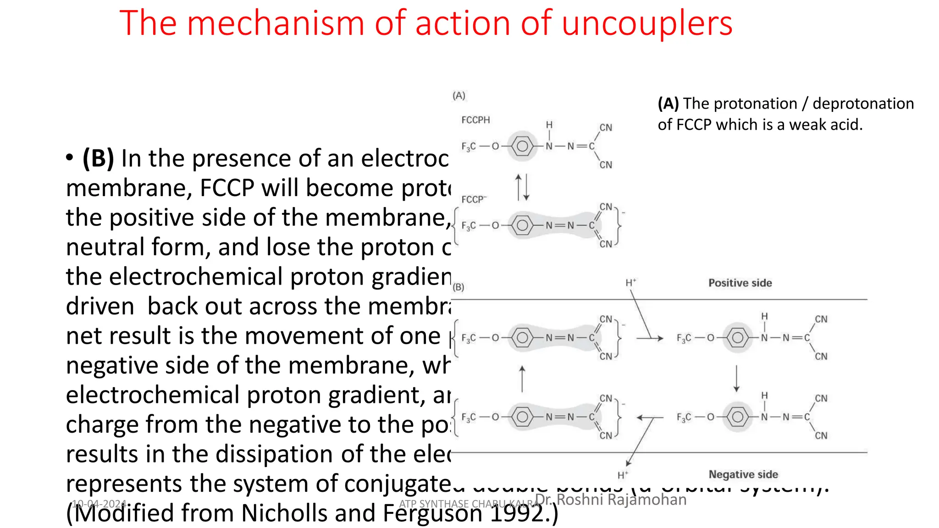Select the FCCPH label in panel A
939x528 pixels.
tap(475, 120)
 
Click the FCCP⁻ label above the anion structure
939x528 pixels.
tap(474, 199)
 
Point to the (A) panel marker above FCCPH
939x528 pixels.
tap(459, 96)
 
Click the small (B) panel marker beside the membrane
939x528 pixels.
tap(458, 287)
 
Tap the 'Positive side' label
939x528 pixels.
tap(740, 283)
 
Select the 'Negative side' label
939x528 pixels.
tap(743, 474)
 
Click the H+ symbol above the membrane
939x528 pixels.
tap(631, 283)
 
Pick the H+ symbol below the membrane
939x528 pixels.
tap(622, 475)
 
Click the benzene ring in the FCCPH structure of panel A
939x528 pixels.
tap(522, 146)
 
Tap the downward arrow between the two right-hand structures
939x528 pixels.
tap(736, 378)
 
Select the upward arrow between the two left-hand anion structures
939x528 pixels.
tap(522, 378)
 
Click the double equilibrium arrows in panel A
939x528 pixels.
tap(522, 187)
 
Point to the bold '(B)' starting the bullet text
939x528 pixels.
tap(98, 159)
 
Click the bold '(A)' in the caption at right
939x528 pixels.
tap(668, 104)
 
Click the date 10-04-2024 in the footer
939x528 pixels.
tap(99, 504)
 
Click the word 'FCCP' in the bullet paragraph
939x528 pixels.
tap(227, 188)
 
